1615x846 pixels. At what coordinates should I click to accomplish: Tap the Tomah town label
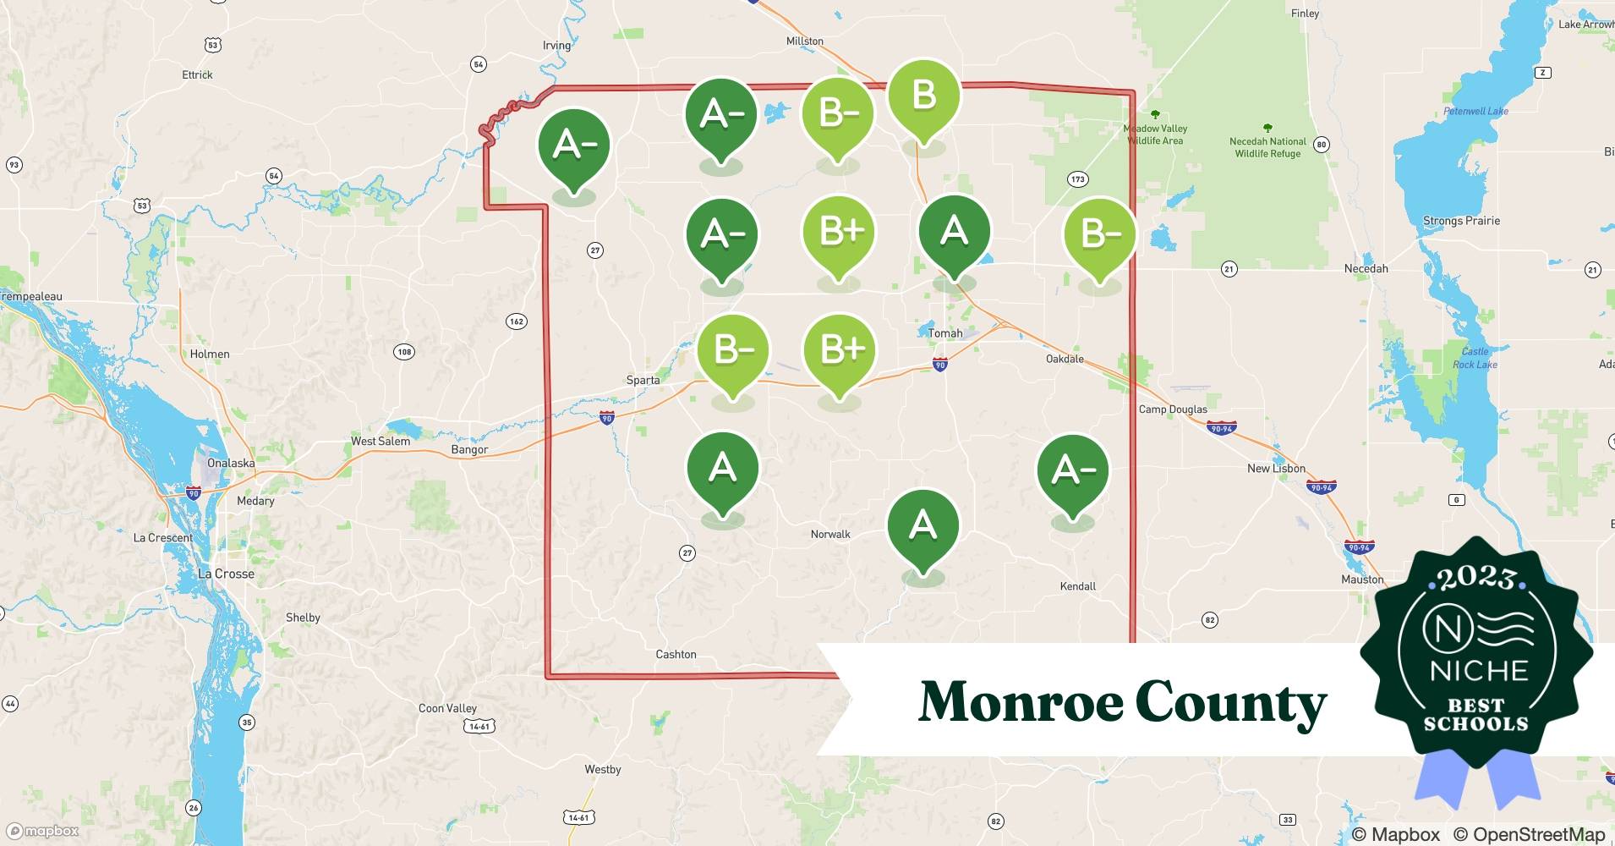(x=945, y=333)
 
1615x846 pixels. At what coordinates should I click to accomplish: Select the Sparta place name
(x=643, y=380)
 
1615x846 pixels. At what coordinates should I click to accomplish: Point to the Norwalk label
(x=830, y=534)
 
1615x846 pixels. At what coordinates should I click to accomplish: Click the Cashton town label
(x=676, y=654)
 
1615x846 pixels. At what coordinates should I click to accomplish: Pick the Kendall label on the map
(x=1077, y=586)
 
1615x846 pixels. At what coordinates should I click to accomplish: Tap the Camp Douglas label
(x=1173, y=409)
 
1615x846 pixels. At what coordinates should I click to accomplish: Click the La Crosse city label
(x=226, y=574)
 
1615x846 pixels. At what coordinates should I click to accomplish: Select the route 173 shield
(x=1076, y=179)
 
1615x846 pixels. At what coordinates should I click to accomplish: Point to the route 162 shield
(x=516, y=321)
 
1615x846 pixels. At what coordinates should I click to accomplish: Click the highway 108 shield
(x=404, y=352)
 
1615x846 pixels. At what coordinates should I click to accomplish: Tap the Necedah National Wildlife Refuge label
(x=1267, y=147)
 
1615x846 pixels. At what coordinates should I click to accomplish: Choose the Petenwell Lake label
(x=1475, y=111)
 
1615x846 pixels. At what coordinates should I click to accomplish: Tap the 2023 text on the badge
(x=1475, y=578)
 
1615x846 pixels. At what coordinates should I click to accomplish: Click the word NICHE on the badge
(x=1479, y=671)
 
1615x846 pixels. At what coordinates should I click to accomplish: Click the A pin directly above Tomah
(x=954, y=231)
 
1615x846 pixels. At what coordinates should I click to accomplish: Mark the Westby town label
(x=602, y=770)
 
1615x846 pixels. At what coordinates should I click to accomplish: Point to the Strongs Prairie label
(x=1461, y=221)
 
